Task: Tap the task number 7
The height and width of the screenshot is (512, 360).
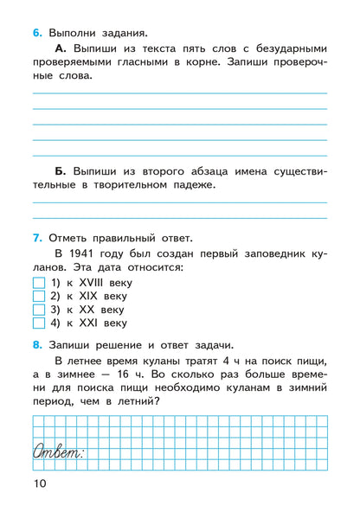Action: [36, 238]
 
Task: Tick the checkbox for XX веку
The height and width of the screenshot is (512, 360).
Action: [37, 310]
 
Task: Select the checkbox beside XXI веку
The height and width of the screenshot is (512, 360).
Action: [37, 323]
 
